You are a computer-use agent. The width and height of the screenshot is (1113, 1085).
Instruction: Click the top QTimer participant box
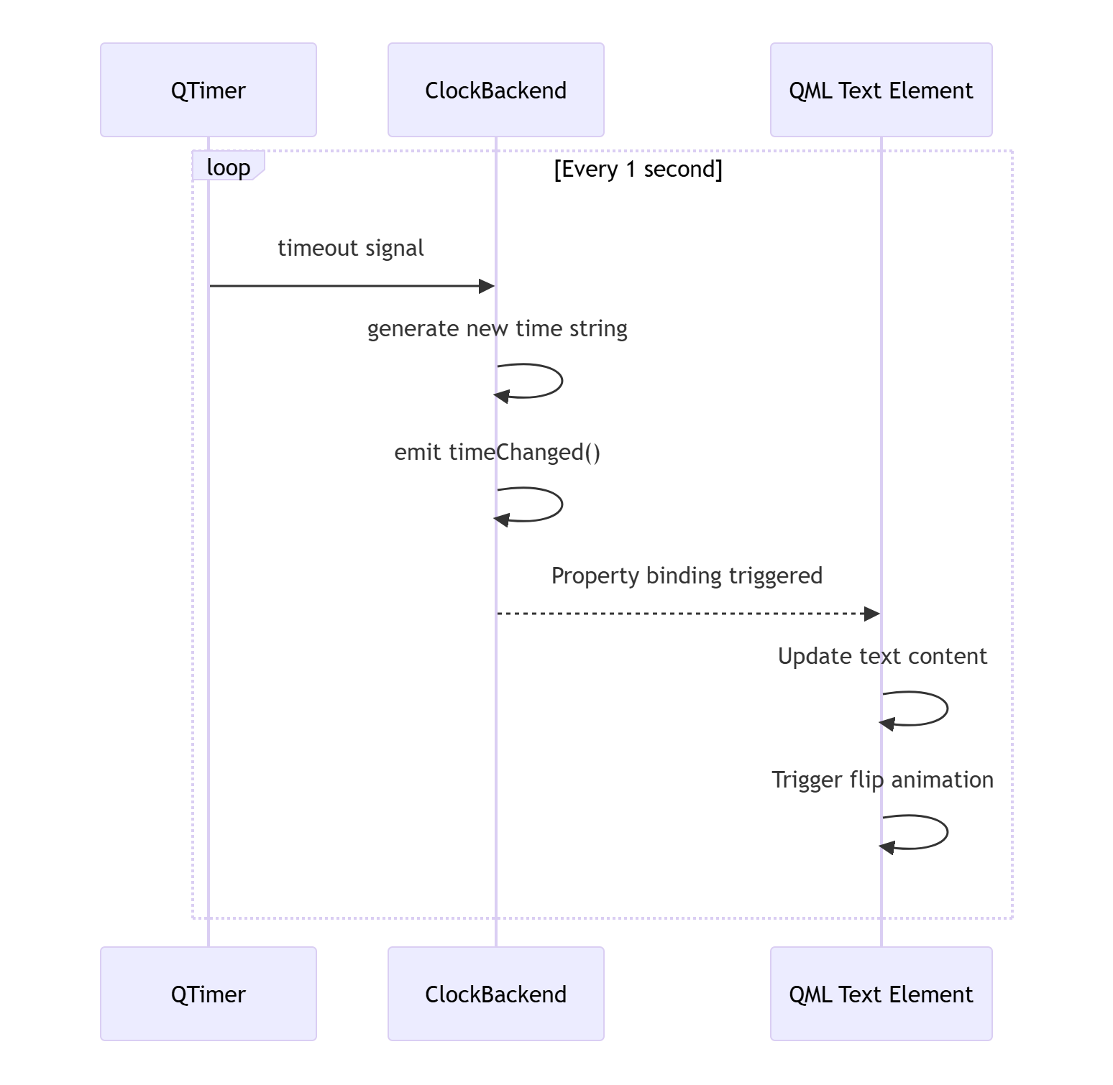(x=209, y=90)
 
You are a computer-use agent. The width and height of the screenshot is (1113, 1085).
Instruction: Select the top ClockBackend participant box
(x=496, y=90)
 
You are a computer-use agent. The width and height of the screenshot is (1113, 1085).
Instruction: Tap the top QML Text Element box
(x=881, y=90)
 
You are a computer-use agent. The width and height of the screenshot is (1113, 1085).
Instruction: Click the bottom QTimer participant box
(x=209, y=994)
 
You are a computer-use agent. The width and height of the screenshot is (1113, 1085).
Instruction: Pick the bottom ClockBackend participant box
(x=496, y=994)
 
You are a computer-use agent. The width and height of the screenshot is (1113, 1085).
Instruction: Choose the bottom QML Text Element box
(x=881, y=994)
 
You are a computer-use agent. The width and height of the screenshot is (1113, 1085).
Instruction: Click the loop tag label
(x=229, y=167)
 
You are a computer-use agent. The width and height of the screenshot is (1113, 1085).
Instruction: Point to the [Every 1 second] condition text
(x=638, y=170)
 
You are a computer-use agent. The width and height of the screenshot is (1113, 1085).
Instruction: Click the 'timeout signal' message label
(x=351, y=248)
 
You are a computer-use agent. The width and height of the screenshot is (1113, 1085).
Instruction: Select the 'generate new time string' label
(x=498, y=329)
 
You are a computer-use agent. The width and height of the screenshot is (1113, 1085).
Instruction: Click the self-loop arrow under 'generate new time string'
(x=562, y=381)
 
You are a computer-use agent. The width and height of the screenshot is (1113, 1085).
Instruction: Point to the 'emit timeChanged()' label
(x=498, y=452)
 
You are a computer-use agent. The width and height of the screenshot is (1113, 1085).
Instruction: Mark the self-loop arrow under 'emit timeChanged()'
(x=562, y=504)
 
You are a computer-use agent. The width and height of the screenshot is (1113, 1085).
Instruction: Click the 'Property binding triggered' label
(x=687, y=576)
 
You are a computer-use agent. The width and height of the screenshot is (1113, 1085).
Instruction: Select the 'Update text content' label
(x=883, y=656)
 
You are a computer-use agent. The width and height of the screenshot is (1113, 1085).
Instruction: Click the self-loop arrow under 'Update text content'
(x=947, y=708)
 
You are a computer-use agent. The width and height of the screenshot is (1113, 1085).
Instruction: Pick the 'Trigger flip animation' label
(x=883, y=780)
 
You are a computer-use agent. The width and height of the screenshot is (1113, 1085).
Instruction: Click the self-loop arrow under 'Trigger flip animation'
(x=947, y=832)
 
